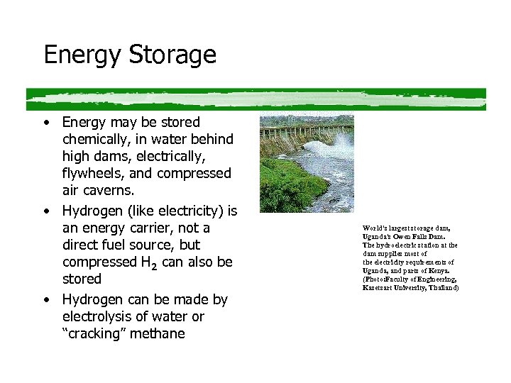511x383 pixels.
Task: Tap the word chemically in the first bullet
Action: (x=94, y=139)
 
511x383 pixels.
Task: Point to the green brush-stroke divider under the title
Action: (x=255, y=98)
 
